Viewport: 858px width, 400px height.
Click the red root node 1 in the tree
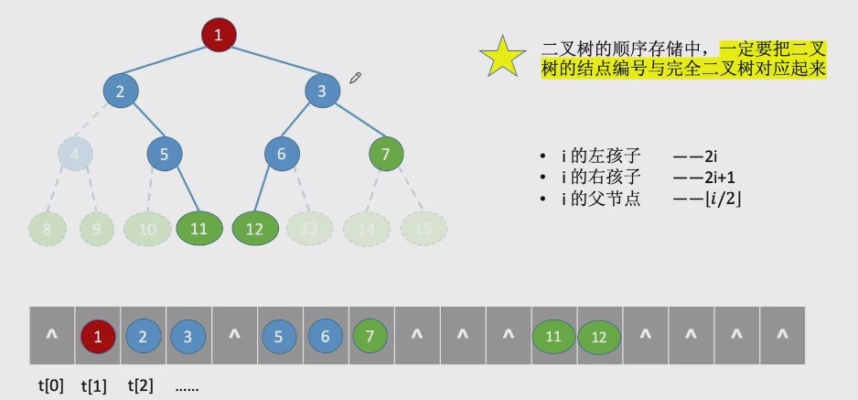tap(219, 36)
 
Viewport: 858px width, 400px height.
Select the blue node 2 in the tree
tap(121, 91)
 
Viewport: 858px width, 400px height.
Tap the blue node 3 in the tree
tap(322, 91)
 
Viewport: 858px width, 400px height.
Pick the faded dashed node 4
tap(75, 153)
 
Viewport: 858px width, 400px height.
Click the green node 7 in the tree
tap(386, 154)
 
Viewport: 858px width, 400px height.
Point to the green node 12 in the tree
tap(255, 229)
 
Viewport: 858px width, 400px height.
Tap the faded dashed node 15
tap(423, 229)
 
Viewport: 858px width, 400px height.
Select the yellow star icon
tap(502, 57)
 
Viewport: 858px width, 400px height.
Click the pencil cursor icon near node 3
tap(356, 79)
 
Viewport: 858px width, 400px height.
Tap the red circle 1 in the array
tap(98, 336)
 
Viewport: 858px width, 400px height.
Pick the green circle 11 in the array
tap(553, 336)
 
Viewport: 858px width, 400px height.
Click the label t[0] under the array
tap(51, 385)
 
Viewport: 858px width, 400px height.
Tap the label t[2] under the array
tap(142, 385)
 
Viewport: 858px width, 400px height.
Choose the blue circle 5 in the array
tap(280, 336)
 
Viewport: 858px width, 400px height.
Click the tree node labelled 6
tap(282, 154)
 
